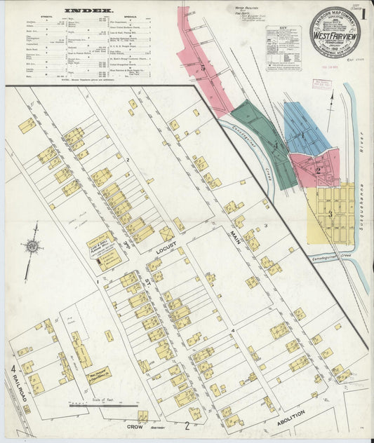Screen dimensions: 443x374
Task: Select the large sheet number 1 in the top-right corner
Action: tap(364, 14)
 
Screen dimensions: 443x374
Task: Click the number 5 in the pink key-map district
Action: tap(202, 68)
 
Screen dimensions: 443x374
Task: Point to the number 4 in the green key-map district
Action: tap(276, 146)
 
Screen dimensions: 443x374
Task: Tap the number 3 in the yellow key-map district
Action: tap(330, 213)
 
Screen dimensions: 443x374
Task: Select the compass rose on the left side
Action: tap(32, 247)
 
